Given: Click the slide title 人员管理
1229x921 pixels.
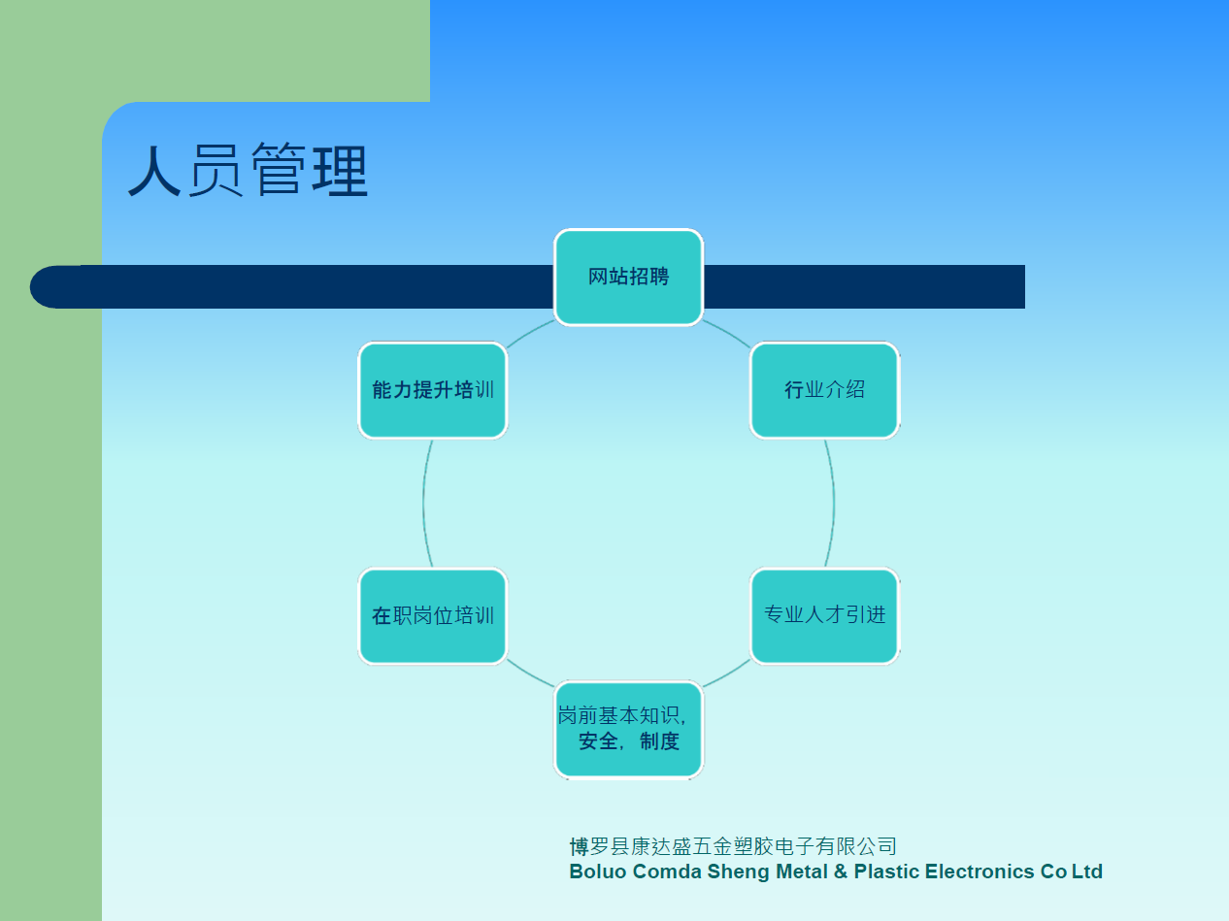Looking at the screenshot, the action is coord(249,170).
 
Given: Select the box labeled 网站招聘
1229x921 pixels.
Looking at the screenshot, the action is coord(628,277).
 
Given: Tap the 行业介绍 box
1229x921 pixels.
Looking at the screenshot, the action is coord(824,390).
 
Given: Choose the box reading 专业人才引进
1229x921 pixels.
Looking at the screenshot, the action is coord(824,615).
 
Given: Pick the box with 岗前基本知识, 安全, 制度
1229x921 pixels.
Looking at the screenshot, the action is coord(628,729).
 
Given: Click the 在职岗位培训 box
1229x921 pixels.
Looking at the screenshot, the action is coord(432,615).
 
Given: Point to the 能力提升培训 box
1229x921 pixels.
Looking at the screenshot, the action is coord(432,390).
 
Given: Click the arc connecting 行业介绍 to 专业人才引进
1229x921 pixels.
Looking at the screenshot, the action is coord(834,504).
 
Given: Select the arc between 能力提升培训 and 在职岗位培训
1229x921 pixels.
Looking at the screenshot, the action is coord(423,504).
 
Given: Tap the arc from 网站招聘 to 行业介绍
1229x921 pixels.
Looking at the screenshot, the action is coord(728,332).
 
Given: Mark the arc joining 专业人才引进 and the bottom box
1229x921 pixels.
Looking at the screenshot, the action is coord(728,674).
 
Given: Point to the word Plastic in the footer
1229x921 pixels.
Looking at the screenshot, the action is coord(886,872).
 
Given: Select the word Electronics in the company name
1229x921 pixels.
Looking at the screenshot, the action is coord(980,872).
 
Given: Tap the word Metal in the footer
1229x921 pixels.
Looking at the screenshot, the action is coord(802,872).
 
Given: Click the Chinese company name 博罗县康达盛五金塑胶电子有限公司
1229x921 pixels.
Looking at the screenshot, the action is coord(733,846).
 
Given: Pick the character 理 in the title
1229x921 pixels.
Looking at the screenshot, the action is coord(340,170).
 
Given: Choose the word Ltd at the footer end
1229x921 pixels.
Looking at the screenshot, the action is coord(1087,872).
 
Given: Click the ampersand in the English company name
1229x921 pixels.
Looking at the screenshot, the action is coord(841,872).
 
